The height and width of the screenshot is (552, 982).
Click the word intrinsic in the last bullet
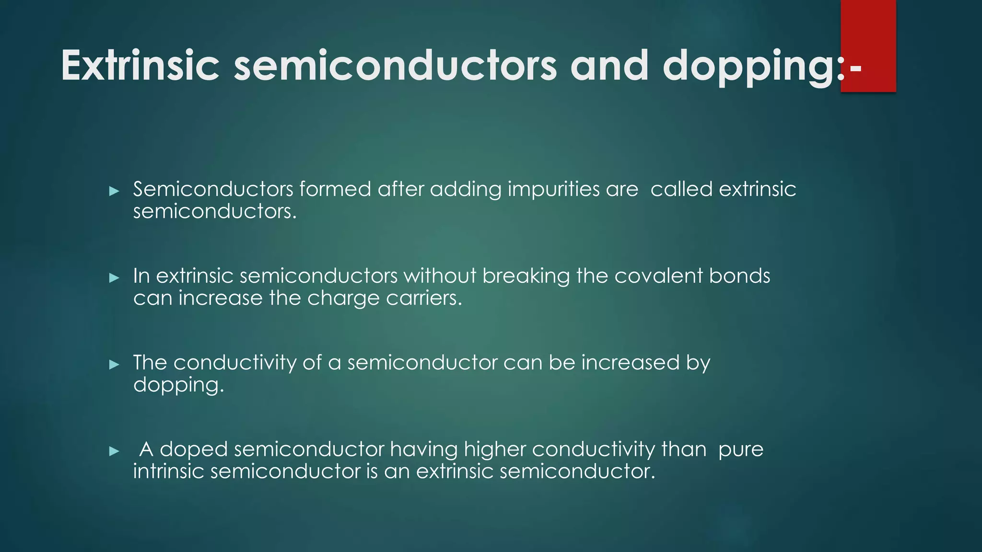(x=168, y=471)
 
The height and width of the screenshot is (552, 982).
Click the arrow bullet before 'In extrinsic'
(x=114, y=278)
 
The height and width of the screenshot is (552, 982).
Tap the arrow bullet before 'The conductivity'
(x=114, y=365)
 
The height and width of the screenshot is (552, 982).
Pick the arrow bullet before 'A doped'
(x=114, y=451)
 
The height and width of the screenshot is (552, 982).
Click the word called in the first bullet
(x=681, y=189)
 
